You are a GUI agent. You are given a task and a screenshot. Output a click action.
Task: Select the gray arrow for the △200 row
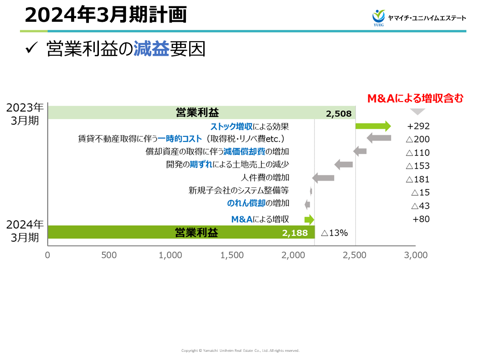(379, 138)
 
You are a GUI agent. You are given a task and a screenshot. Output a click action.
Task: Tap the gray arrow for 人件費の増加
(323, 178)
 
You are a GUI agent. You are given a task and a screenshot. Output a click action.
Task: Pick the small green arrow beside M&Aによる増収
(309, 220)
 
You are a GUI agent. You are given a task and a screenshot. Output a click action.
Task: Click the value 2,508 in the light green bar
(338, 113)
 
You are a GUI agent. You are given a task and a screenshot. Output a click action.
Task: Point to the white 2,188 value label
(295, 233)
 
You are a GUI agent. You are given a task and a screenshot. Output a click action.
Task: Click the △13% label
(334, 233)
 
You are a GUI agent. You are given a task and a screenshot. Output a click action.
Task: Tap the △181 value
(418, 179)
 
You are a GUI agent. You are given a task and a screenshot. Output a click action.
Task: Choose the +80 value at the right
(421, 219)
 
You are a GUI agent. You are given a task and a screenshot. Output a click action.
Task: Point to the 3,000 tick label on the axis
(416, 255)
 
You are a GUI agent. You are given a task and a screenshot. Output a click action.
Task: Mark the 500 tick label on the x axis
(109, 255)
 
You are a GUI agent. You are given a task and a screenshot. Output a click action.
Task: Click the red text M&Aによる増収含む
(415, 98)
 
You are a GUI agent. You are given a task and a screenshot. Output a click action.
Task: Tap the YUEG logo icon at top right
(378, 17)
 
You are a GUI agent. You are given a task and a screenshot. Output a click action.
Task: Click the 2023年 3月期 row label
(25, 114)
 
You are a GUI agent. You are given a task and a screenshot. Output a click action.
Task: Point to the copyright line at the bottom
(240, 350)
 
